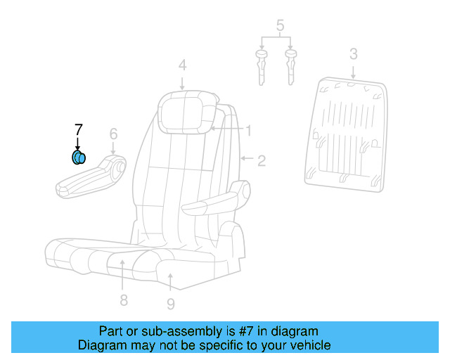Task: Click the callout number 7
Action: pyautogui.click(x=78, y=129)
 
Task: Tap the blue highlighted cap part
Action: pyautogui.click(x=78, y=157)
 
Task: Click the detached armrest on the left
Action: pyautogui.click(x=91, y=178)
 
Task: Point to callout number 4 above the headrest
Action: pyautogui.click(x=182, y=65)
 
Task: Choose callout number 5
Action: pyautogui.click(x=280, y=27)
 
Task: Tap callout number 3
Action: pyautogui.click(x=354, y=54)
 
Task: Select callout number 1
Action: pyautogui.click(x=248, y=130)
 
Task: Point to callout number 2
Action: pyautogui.click(x=261, y=161)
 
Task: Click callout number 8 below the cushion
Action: pyautogui.click(x=123, y=301)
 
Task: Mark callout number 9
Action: pyautogui.click(x=171, y=304)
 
